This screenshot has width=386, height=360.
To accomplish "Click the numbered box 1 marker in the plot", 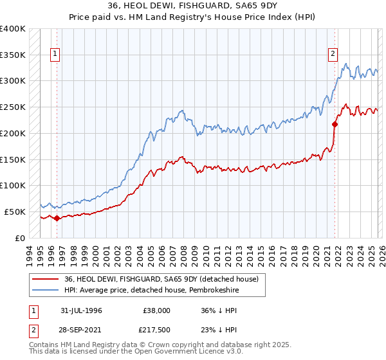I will click(56, 55).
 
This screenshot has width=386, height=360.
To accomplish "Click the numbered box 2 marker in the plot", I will click(333, 55).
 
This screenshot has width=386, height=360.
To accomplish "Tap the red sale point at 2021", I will click(335, 124).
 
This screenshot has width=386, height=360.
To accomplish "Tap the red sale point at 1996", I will click(57, 218).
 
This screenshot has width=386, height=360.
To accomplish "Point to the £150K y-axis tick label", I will click(12, 159).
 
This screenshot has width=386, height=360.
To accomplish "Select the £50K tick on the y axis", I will click(14, 211).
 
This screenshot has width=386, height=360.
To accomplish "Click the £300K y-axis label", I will click(12, 81).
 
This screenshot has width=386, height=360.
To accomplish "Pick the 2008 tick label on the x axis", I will click(183, 254).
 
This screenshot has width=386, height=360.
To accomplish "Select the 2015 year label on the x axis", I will click(261, 254).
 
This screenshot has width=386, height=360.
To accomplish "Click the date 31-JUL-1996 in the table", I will click(84, 310).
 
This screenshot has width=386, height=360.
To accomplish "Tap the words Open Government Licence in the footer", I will click(186, 352).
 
